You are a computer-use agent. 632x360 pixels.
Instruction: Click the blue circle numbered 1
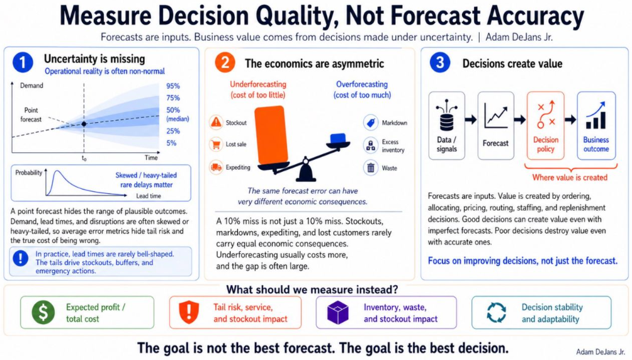(23, 62)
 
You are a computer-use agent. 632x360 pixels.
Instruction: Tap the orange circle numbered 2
(225, 63)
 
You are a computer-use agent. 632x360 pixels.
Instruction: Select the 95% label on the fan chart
(173, 86)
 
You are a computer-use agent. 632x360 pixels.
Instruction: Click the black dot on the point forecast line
(84, 124)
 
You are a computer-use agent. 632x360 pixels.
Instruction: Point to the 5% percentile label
(171, 143)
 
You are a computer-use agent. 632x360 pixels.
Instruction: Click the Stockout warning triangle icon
(217, 122)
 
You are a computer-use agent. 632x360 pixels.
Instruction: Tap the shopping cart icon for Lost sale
(217, 144)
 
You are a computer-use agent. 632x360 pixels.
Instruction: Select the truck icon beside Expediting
(217, 167)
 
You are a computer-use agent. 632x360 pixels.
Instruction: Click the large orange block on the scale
(272, 135)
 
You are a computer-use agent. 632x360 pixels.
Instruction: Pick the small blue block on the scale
(338, 138)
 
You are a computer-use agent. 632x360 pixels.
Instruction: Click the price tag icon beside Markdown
(370, 123)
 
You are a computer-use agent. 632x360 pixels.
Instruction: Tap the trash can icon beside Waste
(370, 167)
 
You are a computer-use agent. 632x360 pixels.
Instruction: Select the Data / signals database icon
(446, 116)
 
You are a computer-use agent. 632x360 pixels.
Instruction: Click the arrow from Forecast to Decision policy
(520, 120)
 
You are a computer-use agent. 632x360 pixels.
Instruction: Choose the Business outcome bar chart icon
(596, 115)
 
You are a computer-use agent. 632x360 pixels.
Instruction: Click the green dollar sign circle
(43, 312)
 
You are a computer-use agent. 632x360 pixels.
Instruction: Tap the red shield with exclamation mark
(189, 312)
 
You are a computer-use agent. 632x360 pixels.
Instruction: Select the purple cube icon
(338, 312)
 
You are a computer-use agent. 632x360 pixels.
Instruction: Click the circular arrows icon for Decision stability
(496, 312)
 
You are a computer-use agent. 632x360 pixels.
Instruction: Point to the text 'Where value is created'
(570, 177)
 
